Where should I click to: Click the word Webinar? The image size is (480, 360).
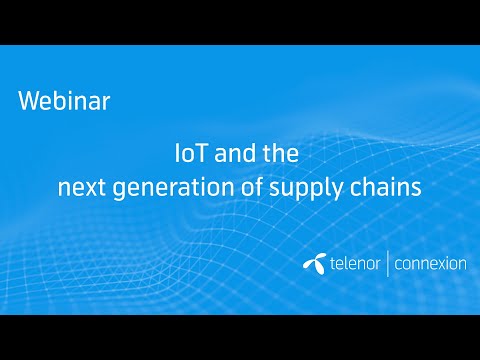(64, 101)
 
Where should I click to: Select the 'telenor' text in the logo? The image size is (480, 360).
(352, 265)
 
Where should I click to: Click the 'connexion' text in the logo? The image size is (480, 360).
(430, 265)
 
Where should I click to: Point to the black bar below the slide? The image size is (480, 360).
(240, 337)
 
